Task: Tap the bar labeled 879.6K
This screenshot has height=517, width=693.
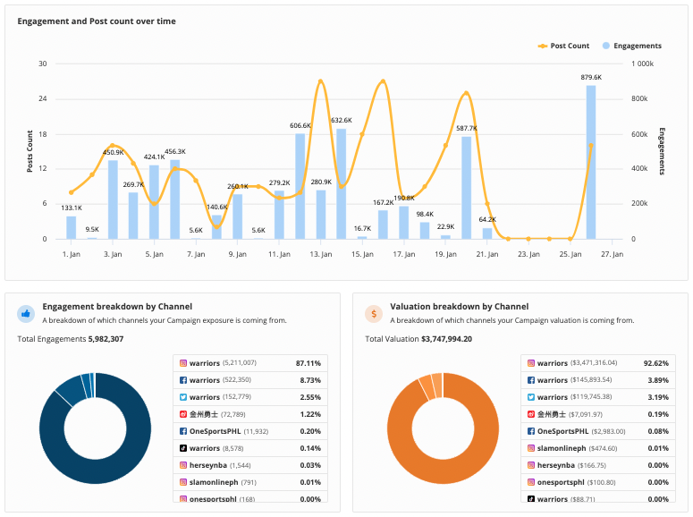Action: click(591, 162)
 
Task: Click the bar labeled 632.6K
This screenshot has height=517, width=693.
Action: click(342, 183)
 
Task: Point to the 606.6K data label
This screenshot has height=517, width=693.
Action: click(300, 126)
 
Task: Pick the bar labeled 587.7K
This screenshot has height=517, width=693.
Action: click(467, 187)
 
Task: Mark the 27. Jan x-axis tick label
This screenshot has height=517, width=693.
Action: click(612, 254)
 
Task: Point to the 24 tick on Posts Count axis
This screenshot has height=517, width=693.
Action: click(42, 98)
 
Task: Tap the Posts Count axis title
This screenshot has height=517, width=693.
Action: click(30, 151)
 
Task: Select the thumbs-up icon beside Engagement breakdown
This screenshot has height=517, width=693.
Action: click(26, 314)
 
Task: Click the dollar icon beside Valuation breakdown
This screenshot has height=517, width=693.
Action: click(374, 314)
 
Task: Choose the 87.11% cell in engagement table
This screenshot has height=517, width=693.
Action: click(308, 363)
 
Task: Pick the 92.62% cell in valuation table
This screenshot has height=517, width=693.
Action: click(656, 363)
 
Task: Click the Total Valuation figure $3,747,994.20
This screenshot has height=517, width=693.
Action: click(446, 339)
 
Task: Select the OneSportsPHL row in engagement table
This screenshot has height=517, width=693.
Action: click(249, 431)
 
